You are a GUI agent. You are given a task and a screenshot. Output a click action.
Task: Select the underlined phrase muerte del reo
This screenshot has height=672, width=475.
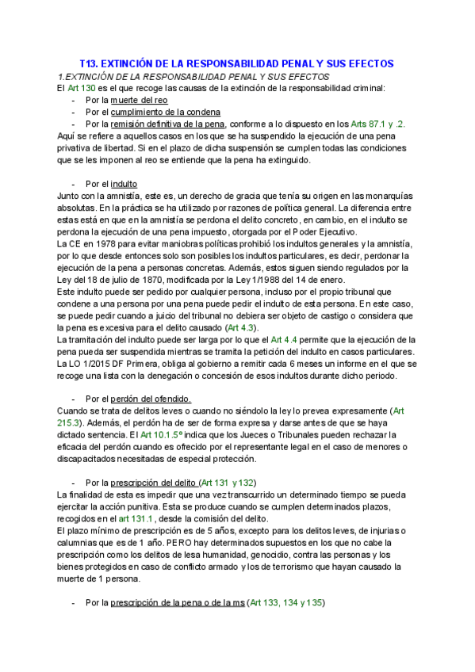pyautogui.click(x=139, y=100)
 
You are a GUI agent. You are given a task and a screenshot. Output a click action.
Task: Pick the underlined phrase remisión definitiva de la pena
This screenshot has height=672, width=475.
pyautogui.click(x=168, y=124)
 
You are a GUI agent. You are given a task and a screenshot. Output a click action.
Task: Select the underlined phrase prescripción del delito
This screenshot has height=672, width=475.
pyautogui.click(x=154, y=483)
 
